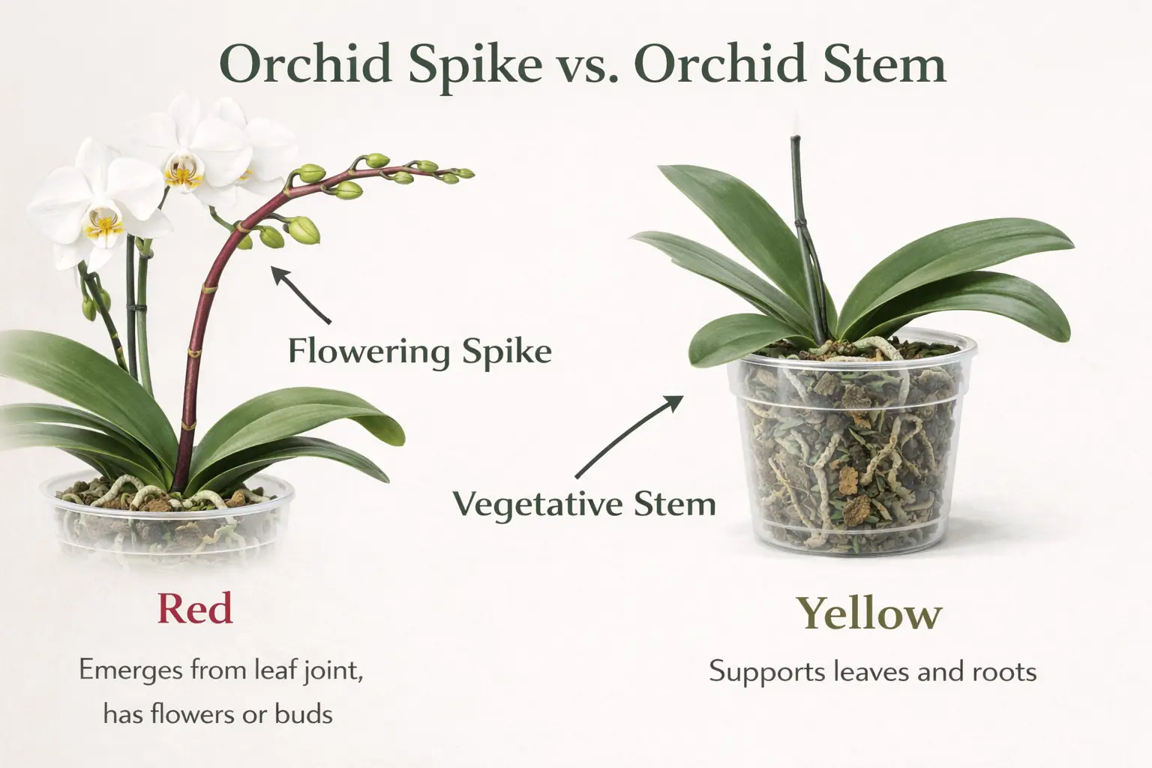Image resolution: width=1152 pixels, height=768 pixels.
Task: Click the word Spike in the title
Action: tap(475, 64)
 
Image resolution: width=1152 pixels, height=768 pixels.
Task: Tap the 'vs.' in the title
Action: tap(588, 66)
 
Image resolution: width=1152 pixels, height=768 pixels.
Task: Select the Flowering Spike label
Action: tap(420, 350)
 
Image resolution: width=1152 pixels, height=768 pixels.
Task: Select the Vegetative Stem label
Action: tap(584, 503)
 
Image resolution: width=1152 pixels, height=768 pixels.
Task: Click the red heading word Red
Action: tap(195, 608)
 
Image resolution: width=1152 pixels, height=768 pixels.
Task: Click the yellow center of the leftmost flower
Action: tap(103, 223)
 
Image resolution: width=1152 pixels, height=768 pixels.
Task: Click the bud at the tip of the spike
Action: tap(465, 174)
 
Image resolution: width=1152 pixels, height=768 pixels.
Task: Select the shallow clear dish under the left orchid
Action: tap(169, 517)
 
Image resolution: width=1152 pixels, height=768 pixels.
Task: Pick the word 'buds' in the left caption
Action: tap(303, 713)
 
